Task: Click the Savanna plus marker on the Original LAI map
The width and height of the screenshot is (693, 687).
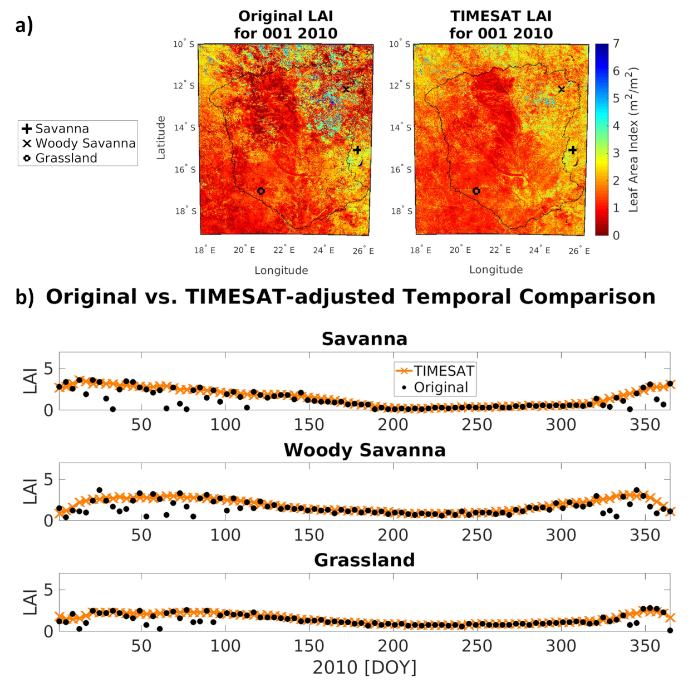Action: pyautogui.click(x=357, y=150)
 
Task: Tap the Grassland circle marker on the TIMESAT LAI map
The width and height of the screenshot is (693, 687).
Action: pyautogui.click(x=476, y=191)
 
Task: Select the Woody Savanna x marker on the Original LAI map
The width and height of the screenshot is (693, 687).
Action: pyautogui.click(x=346, y=89)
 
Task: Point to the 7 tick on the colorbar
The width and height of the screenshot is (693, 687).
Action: pyautogui.click(x=616, y=43)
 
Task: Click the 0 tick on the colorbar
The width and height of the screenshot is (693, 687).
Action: pyautogui.click(x=616, y=235)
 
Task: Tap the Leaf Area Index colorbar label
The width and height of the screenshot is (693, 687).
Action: pyautogui.click(x=633, y=139)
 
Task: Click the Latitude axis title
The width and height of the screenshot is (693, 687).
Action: pyautogui.click(x=161, y=138)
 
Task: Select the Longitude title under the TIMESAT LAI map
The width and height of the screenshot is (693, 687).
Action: pyautogui.click(x=496, y=270)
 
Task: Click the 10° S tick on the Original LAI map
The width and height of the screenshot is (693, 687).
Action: pyautogui.click(x=184, y=44)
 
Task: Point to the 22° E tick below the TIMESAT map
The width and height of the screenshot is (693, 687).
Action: pyautogui.click(x=500, y=250)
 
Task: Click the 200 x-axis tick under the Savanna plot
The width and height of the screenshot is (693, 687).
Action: pyautogui.click(x=393, y=425)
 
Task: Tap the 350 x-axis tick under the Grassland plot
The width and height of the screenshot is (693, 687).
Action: pyautogui.click(x=645, y=646)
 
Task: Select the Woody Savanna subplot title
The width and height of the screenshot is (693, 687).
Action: pyautogui.click(x=365, y=450)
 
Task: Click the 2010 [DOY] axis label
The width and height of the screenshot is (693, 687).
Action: pyautogui.click(x=365, y=667)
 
